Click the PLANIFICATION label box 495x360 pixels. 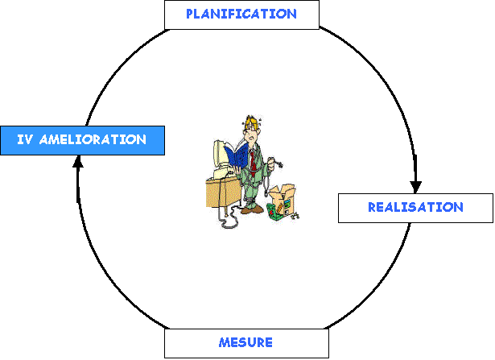tap(241, 14)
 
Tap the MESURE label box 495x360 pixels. tap(245, 343)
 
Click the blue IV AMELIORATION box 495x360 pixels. tap(81, 140)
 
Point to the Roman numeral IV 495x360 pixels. tap(24, 140)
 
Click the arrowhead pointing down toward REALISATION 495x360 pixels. tap(416, 184)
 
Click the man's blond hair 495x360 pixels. tap(252, 123)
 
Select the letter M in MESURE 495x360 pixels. tap(224, 343)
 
